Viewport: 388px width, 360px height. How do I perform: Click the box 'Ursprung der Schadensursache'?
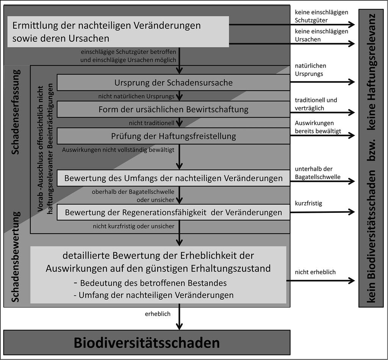[x=174, y=82]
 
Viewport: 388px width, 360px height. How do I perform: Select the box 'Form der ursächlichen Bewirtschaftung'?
[x=174, y=109]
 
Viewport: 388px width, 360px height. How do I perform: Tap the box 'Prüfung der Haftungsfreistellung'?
[x=174, y=136]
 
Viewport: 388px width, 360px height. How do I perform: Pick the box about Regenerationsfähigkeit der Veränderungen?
[x=174, y=212]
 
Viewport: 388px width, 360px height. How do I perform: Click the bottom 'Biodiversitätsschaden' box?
[x=147, y=343]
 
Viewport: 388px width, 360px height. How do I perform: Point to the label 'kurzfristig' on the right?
[x=308, y=203]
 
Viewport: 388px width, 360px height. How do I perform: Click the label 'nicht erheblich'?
[x=315, y=272]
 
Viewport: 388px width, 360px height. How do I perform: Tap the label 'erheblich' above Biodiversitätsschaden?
[x=158, y=314]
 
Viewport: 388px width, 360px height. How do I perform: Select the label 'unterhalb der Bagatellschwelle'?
[x=318, y=173]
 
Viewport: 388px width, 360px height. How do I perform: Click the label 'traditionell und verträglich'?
[x=316, y=104]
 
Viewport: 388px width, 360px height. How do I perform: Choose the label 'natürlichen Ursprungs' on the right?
[x=311, y=70]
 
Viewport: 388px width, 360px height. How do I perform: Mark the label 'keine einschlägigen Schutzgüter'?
[x=321, y=16]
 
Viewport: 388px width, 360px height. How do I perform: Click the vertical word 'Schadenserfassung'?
[x=16, y=112]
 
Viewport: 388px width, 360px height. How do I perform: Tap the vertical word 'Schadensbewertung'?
[x=16, y=257]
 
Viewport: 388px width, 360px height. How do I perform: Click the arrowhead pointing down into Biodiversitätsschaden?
[x=179, y=326]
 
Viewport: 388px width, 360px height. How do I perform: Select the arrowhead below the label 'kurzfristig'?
[x=351, y=212]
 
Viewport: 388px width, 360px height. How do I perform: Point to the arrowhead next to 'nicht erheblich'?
[x=351, y=281]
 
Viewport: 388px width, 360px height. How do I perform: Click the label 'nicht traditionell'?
[x=152, y=123]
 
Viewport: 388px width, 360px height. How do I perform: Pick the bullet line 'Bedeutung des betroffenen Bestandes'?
[x=150, y=283]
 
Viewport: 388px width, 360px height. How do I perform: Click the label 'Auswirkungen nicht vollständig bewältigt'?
[x=118, y=149]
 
